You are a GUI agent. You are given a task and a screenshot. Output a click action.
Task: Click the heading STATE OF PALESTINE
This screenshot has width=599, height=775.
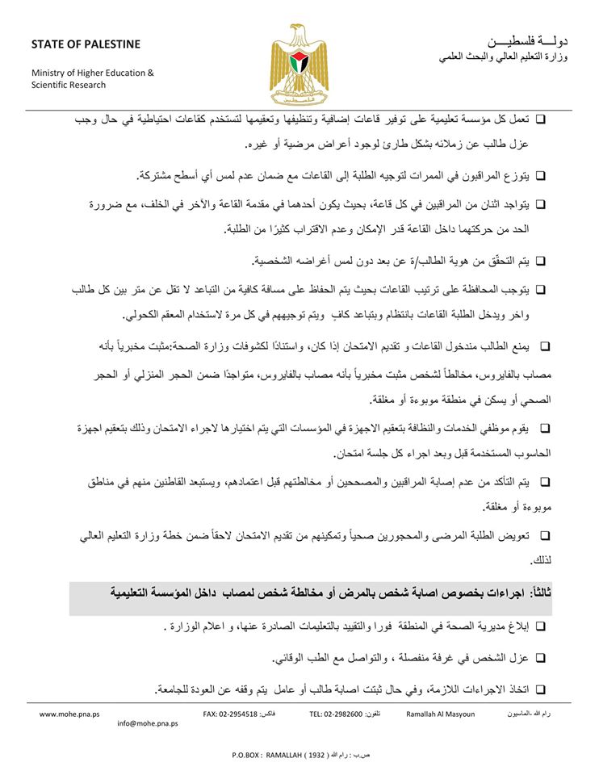(86, 44)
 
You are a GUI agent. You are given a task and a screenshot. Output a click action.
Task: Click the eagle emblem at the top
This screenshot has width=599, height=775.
(299, 59)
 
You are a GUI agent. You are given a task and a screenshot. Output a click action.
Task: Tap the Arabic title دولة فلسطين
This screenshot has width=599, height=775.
(529, 41)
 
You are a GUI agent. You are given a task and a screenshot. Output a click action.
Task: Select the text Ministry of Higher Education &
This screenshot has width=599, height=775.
(92, 73)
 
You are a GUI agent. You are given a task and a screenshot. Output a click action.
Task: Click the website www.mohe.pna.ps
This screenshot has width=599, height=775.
(69, 714)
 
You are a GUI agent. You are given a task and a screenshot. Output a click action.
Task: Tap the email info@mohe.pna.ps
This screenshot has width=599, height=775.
(147, 724)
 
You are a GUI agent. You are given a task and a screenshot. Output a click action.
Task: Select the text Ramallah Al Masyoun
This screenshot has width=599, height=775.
(441, 714)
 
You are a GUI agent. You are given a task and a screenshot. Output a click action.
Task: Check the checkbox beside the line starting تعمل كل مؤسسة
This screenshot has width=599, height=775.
(540, 119)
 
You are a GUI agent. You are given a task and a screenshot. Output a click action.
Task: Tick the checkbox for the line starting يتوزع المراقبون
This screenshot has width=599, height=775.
(540, 175)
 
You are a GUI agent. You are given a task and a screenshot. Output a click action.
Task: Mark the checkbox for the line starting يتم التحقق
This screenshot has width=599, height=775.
(540, 261)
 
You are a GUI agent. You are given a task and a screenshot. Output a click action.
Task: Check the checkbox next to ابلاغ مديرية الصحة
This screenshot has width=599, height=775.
(540, 626)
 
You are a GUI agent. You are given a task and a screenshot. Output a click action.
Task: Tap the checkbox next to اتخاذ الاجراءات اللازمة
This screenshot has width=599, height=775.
(540, 689)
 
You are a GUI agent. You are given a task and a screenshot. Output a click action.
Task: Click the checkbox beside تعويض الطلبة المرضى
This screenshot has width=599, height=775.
(543, 535)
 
